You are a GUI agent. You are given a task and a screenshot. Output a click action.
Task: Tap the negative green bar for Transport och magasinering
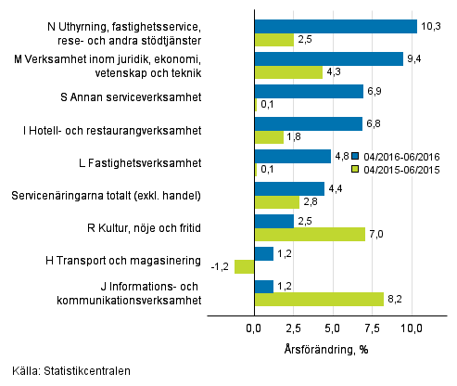pyautogui.click(x=245, y=266)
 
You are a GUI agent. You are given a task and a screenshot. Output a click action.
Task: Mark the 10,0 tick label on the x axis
pyautogui.click(x=412, y=328)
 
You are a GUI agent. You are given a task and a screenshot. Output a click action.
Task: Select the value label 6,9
pyautogui.click(x=376, y=91)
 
